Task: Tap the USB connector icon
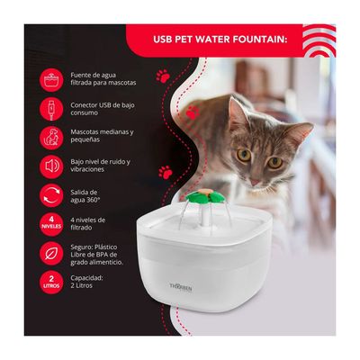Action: coord(51,108)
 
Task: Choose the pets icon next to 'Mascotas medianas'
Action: coord(51,137)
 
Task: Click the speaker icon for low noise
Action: coord(51,166)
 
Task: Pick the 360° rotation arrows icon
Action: coord(51,195)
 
